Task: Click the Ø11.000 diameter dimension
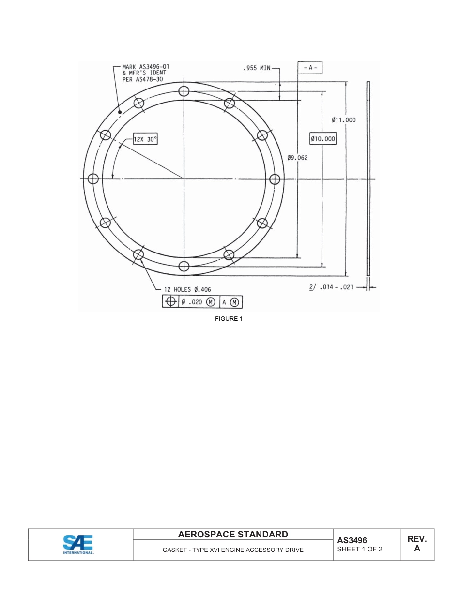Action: pyautogui.click(x=344, y=120)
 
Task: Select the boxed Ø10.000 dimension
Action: pyautogui.click(x=323, y=139)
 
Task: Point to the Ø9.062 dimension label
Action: pyautogui.click(x=297, y=158)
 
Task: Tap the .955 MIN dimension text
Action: pyautogui.click(x=257, y=68)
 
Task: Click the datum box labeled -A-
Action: pyautogui.click(x=310, y=68)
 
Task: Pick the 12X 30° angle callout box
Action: pyautogui.click(x=146, y=139)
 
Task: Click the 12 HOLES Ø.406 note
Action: pyautogui.click(x=187, y=289)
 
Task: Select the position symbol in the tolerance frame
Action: pyautogui.click(x=170, y=302)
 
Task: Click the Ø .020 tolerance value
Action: pyautogui.click(x=192, y=302)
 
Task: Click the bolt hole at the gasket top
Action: pyautogui.click(x=184, y=91)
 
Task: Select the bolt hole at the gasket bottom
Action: pyautogui.click(x=184, y=266)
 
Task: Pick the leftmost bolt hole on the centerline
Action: pyautogui.click(x=93, y=179)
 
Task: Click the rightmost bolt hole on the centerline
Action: pyautogui.click(x=275, y=179)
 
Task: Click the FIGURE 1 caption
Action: pyautogui.click(x=229, y=318)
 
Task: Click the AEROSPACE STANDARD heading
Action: pyautogui.click(x=233, y=535)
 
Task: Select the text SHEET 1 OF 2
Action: pyautogui.click(x=360, y=549)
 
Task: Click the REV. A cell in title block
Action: pyautogui.click(x=417, y=544)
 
